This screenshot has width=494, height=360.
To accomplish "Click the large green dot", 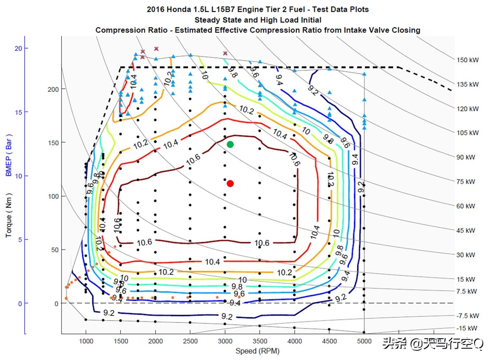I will [x=230, y=144].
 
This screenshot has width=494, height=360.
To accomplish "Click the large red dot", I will [x=230, y=183].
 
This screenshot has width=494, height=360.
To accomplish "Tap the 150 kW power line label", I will [x=467, y=60].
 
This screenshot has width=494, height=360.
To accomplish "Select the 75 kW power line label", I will [x=466, y=181].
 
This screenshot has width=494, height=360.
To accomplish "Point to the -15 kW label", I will [x=467, y=328].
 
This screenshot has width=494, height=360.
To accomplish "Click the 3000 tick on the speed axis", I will [x=225, y=341].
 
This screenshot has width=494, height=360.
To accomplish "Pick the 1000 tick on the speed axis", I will [x=86, y=341].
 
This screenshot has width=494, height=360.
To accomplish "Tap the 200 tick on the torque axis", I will [x=53, y=89].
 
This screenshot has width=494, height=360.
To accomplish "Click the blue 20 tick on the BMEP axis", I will [x=18, y=48].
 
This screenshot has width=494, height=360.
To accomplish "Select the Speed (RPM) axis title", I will [x=257, y=351].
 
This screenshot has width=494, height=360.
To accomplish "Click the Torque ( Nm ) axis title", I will [x=9, y=215].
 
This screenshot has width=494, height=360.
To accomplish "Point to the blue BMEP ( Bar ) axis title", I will [x=9, y=155].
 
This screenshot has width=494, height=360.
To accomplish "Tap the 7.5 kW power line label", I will [x=466, y=291].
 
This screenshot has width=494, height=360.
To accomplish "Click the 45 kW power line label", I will [x=466, y=231].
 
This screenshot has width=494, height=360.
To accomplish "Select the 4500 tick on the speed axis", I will [x=329, y=341].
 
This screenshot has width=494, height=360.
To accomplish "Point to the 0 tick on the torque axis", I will [x=56, y=304].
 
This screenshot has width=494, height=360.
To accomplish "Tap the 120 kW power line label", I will [x=467, y=109].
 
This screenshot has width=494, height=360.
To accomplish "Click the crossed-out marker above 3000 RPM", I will [x=225, y=53].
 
